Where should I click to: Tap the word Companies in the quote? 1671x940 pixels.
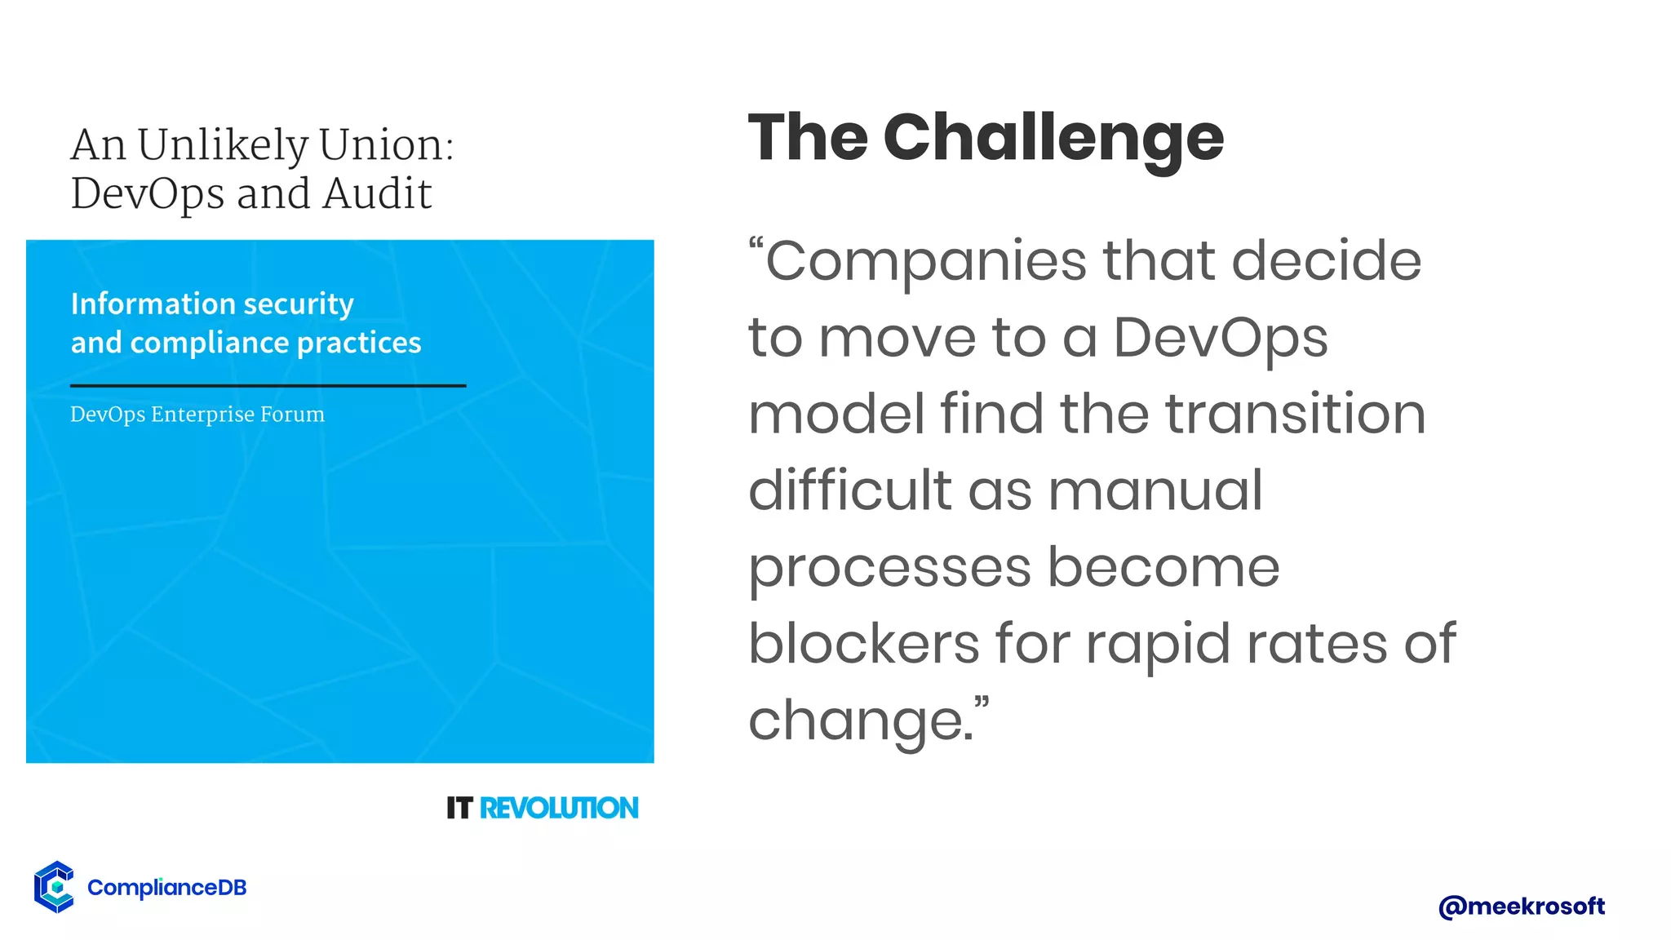926,261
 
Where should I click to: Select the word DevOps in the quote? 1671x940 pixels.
1220,337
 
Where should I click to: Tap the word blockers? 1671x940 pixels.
863,643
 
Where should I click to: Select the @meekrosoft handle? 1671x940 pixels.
1522,906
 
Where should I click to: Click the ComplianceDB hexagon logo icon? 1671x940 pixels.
55,887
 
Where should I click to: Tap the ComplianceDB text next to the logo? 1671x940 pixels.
166,888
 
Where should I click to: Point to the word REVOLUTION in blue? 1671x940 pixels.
559,808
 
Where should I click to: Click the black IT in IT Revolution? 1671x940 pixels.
459,808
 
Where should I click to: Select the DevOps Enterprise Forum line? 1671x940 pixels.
197,415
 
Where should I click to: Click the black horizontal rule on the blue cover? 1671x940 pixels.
268,385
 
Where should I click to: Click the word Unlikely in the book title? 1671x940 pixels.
222,145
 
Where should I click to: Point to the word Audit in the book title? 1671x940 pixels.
377,194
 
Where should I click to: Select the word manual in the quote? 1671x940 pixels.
1155,490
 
